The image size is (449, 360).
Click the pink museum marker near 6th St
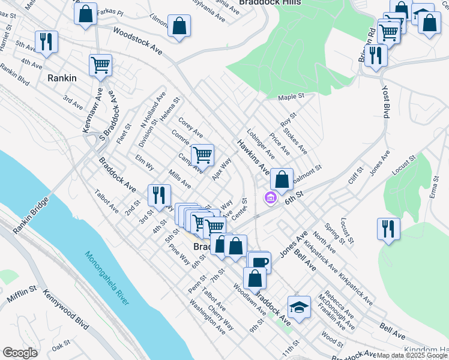(270, 196)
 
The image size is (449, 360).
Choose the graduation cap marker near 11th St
(299, 307)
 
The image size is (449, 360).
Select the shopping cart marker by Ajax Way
(203, 155)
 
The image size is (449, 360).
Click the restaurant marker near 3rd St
(159, 195)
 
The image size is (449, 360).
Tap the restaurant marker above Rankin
(46, 41)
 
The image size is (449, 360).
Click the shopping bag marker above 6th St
(281, 178)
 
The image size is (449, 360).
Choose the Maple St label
(292, 96)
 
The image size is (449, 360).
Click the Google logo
(20, 352)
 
